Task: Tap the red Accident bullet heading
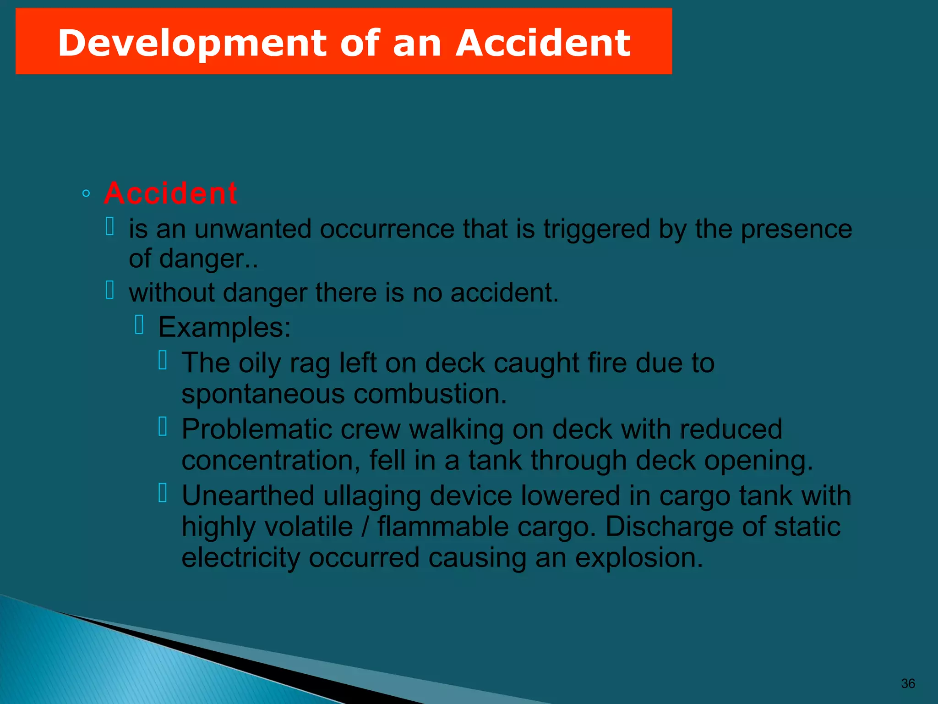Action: point(170,193)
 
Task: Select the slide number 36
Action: point(908,683)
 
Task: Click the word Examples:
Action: point(224,327)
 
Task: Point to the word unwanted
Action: point(252,229)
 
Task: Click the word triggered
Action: point(596,229)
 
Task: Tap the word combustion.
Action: point(430,394)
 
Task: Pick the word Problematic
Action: point(256,429)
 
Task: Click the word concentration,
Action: point(271,460)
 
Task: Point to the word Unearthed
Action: point(248,495)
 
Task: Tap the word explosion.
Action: point(639,557)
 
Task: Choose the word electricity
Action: point(241,557)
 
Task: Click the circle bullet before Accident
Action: point(86,193)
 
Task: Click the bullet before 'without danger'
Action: point(110,290)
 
